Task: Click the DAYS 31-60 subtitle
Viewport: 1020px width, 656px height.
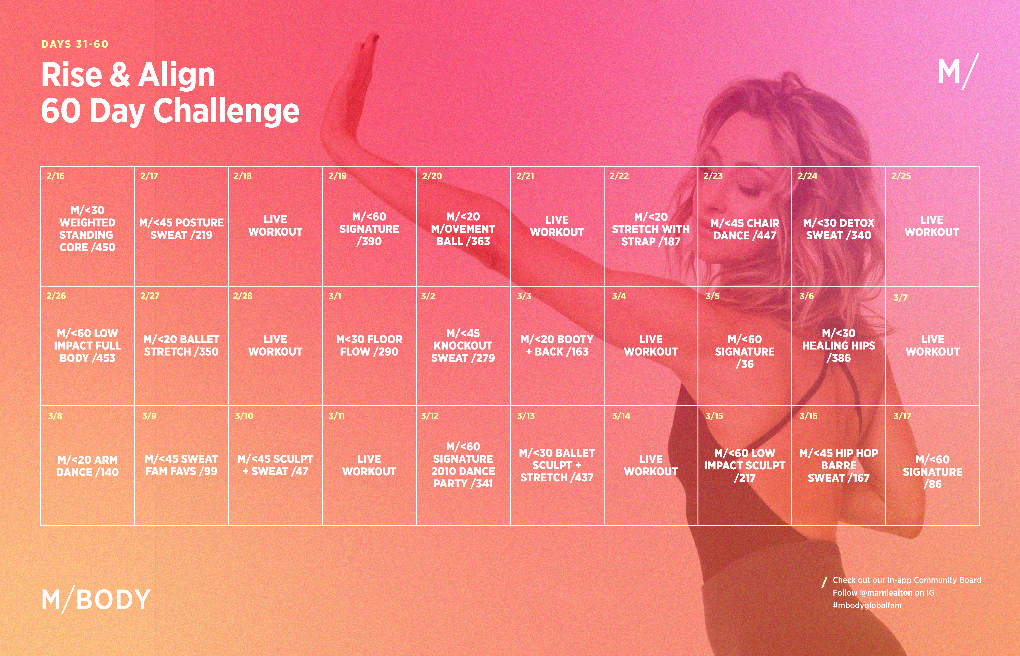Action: coord(75,44)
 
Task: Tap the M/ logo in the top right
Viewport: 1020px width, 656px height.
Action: coord(958,72)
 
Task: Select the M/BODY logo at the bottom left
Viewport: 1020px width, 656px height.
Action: coord(96,599)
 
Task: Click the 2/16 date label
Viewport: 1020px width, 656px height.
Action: coord(55,176)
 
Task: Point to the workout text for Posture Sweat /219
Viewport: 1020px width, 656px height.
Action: coord(181,229)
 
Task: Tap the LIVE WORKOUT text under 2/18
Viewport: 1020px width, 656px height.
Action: coord(275,226)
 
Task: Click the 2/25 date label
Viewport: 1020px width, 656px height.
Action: coord(901,176)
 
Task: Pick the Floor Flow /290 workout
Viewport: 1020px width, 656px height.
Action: coord(369,345)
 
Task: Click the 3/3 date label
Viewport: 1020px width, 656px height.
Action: coord(524,296)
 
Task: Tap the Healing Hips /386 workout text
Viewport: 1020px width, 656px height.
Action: coord(839,345)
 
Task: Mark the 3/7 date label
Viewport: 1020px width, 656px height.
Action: coord(900,298)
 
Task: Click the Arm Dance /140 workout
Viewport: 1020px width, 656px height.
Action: coord(87,466)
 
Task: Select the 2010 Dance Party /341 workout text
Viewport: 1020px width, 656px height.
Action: coord(463,465)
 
